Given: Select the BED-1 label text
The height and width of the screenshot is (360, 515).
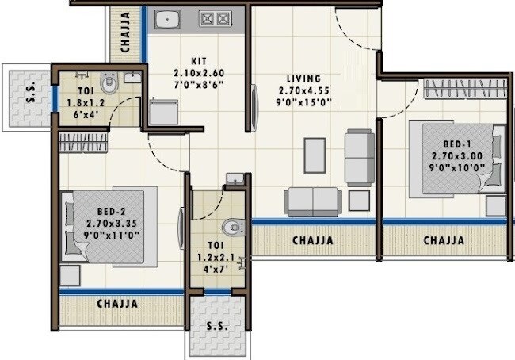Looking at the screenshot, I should click(x=454, y=145).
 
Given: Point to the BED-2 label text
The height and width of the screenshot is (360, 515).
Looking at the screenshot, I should click(x=109, y=213).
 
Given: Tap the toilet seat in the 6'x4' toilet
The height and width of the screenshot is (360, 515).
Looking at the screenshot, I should click(x=109, y=82).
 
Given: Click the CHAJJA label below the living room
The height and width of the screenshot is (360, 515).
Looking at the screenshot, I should click(x=313, y=240).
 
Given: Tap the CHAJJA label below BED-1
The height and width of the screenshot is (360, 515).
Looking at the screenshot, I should click(x=443, y=240).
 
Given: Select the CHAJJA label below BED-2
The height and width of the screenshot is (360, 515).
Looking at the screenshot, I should click(x=117, y=304).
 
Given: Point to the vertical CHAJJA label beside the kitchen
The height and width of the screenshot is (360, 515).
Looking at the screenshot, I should click(x=126, y=32).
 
